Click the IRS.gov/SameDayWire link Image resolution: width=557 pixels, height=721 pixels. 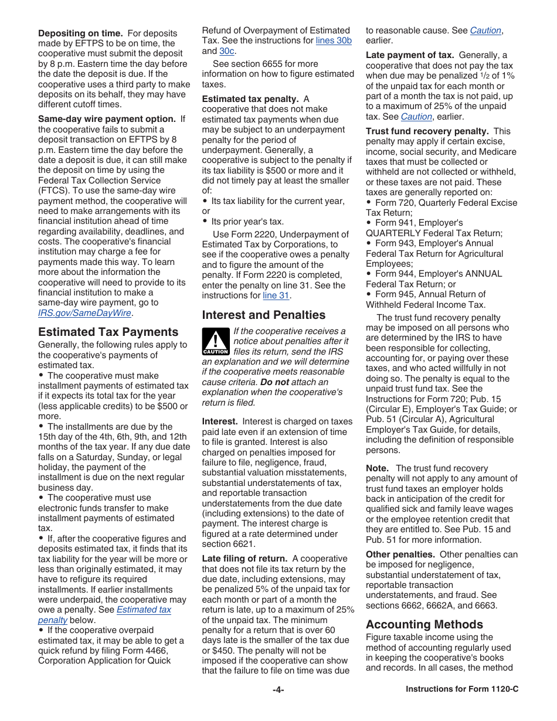tap(84, 313)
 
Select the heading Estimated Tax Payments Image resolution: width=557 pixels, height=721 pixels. tap(108, 332)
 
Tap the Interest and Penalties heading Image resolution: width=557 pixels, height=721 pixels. tap(263, 315)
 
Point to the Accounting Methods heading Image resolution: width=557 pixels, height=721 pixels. tap(424, 624)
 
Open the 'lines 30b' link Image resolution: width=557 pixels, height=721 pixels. tap(334, 40)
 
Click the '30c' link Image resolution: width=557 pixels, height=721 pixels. tap(227, 51)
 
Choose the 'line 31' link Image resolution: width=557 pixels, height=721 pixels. tap(276, 295)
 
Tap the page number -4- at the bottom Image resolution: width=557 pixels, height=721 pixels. tap(278, 690)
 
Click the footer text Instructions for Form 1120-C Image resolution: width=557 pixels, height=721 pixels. tap(462, 689)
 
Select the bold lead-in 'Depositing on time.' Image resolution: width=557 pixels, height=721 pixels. tap(80, 33)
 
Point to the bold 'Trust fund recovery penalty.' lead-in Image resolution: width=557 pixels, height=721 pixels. tap(427, 131)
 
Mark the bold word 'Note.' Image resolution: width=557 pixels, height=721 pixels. tap(377, 468)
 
